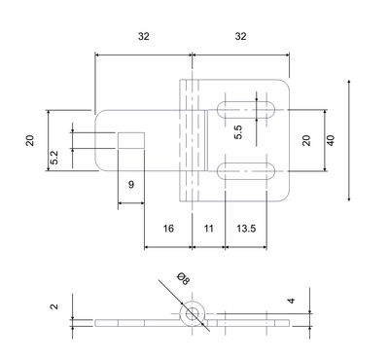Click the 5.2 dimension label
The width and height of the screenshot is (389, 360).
tap(54, 158)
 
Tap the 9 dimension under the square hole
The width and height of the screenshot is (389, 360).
tap(131, 185)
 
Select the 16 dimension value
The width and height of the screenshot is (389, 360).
tap(168, 229)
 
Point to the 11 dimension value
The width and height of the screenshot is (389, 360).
tap(209, 229)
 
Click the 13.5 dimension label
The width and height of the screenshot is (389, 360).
tap(246, 229)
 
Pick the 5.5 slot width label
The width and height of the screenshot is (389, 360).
tap(238, 132)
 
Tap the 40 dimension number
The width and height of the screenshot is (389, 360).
tap(331, 140)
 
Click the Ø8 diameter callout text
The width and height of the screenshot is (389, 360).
tap(183, 279)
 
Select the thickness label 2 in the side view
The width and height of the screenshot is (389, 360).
tap(54, 306)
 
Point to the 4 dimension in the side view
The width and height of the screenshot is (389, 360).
tap(292, 301)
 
